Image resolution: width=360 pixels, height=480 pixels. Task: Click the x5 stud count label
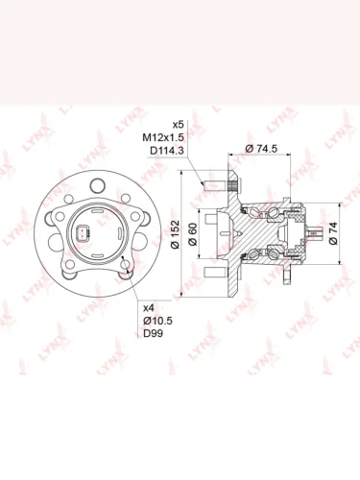click(x=178, y=124)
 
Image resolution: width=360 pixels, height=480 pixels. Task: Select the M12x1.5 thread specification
click(x=163, y=137)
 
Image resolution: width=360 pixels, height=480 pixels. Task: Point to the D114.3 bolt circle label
click(x=167, y=151)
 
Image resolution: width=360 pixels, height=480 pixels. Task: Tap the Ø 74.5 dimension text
click(x=261, y=149)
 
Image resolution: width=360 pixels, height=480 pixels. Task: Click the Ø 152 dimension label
click(x=176, y=234)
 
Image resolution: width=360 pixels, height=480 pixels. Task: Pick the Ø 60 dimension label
click(x=193, y=234)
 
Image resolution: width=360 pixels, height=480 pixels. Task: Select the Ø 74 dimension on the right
click(x=333, y=233)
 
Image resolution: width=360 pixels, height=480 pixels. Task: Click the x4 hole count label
click(x=148, y=308)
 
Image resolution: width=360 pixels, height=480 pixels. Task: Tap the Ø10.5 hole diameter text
click(x=157, y=321)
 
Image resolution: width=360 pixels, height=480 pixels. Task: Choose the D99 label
click(x=153, y=333)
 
